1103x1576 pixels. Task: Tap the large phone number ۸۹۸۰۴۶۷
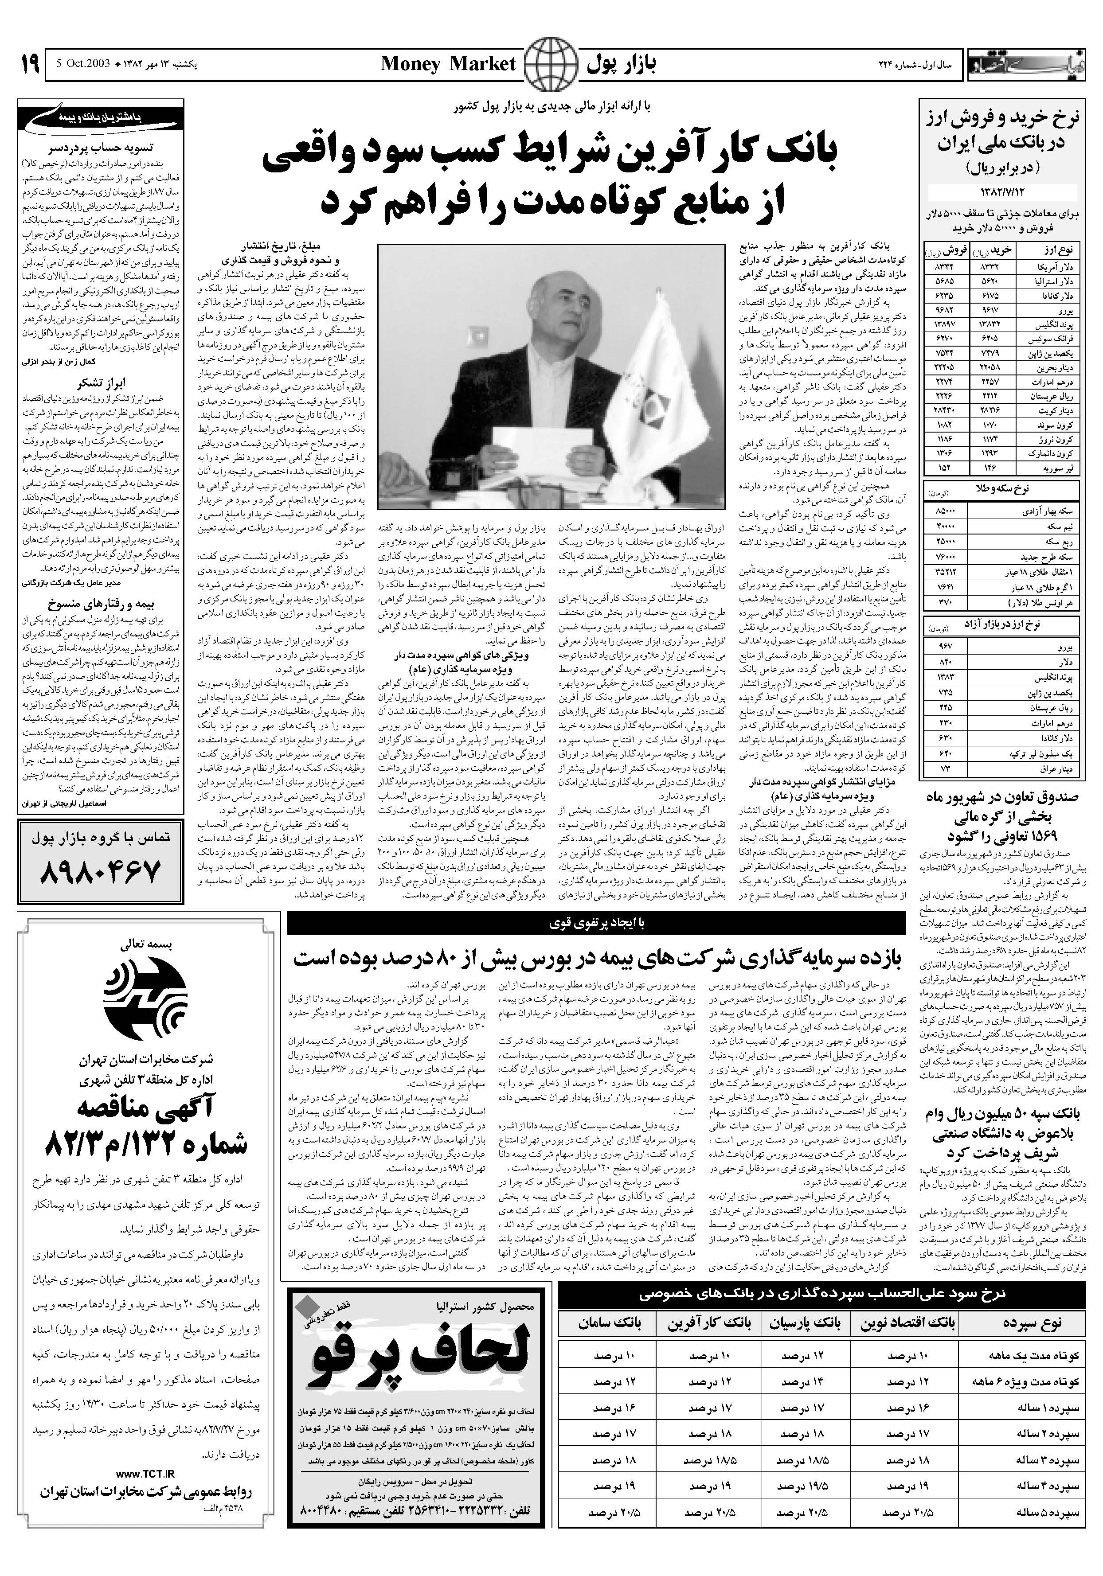point(101,871)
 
